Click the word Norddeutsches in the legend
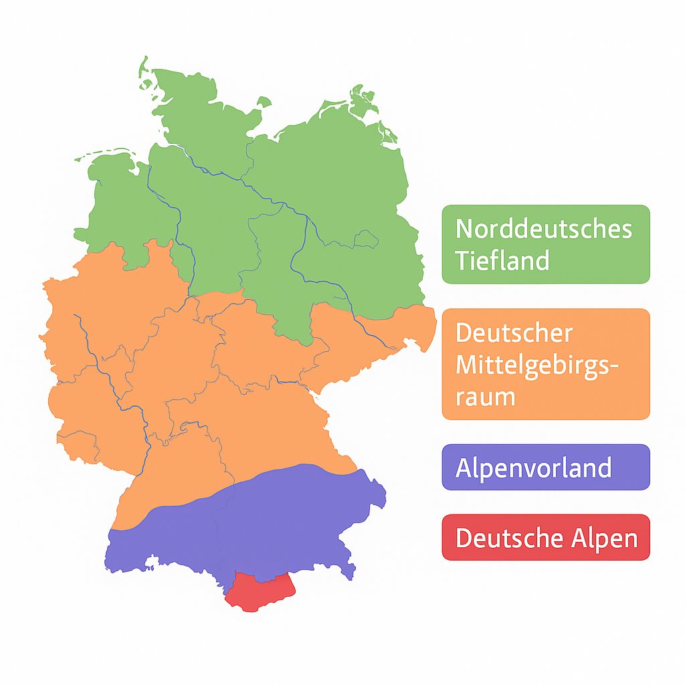click(x=543, y=229)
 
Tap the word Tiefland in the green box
click(x=502, y=260)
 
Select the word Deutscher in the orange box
click(x=514, y=333)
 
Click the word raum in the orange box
click(x=485, y=397)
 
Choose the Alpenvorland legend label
click(x=533, y=468)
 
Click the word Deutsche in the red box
click(x=504, y=537)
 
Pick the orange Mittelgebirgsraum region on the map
click(x=201, y=375)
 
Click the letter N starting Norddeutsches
click(x=463, y=229)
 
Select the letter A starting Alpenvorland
click(x=464, y=468)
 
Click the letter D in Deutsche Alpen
click(x=463, y=537)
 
